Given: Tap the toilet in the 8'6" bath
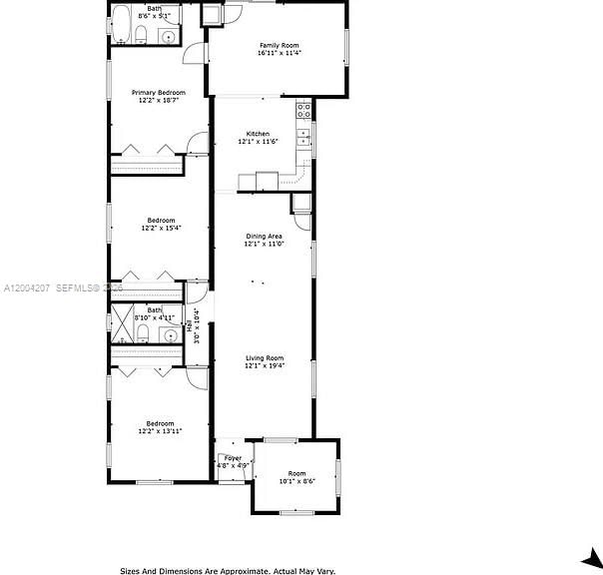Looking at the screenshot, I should pos(141,38).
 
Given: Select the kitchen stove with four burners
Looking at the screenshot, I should pos(303,111).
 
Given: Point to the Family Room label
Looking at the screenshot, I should pos(279,45).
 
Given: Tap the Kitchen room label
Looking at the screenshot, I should pos(258,134).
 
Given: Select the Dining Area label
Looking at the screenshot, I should pos(265,236).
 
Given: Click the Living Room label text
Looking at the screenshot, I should pos(266,357).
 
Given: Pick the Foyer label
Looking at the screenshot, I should pos(233,457).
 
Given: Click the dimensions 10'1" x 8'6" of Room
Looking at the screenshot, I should pos(297,481).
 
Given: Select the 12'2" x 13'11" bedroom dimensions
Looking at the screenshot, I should pos(160,431).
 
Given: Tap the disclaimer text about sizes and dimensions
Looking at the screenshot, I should pos(229,570).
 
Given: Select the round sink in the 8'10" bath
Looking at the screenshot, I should pos(170,336).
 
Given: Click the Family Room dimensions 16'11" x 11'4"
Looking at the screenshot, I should pos(279,53).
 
